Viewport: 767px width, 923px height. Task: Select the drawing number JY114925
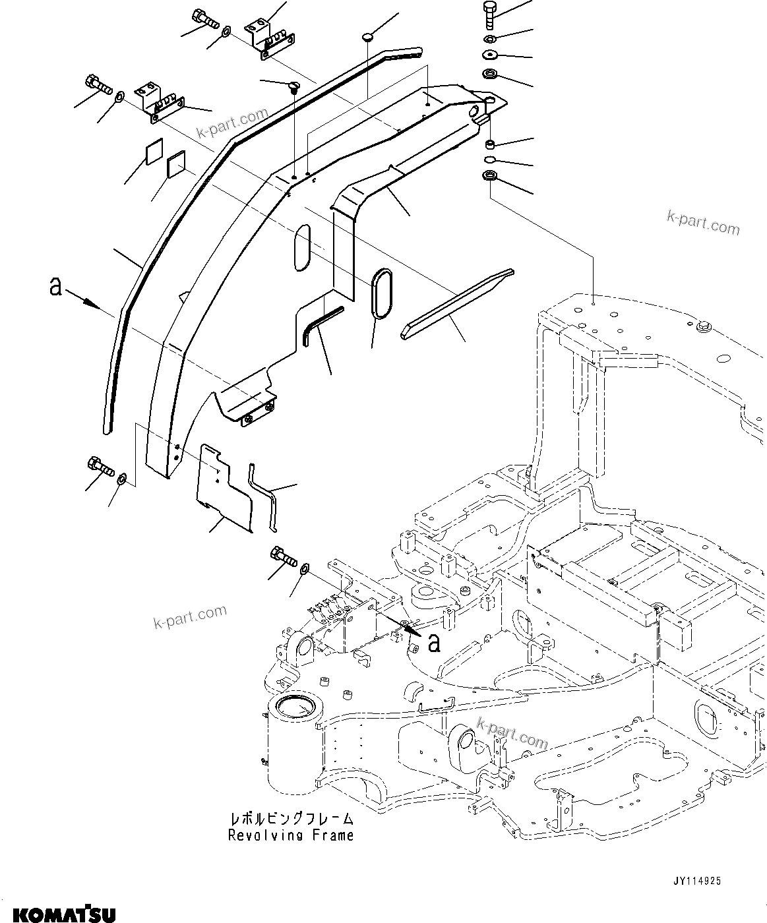[696, 880]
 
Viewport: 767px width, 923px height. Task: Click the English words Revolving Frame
[291, 835]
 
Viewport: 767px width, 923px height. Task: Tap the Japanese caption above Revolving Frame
[291, 819]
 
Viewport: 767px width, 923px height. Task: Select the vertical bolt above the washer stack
[489, 14]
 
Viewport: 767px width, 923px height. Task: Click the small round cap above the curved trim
[368, 38]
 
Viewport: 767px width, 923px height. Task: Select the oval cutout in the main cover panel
[302, 247]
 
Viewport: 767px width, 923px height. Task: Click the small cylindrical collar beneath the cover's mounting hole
[490, 144]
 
